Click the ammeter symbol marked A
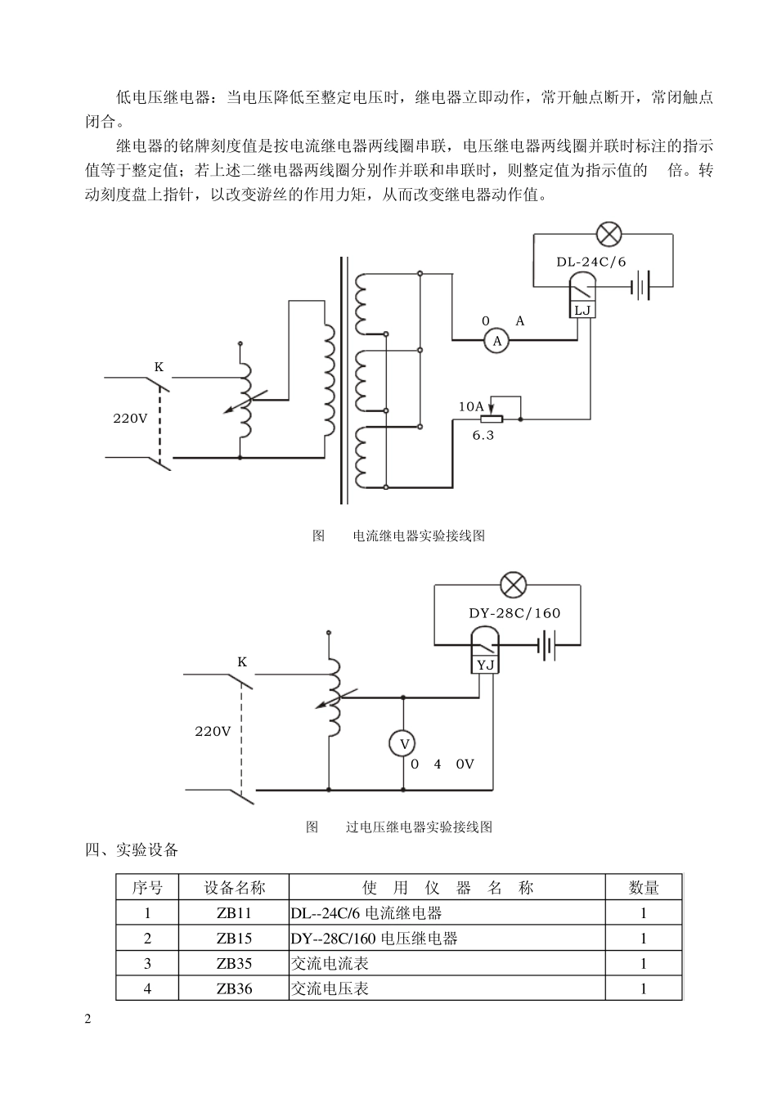pos(496,341)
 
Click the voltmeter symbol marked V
pos(402,743)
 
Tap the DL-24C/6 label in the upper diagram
pos(591,262)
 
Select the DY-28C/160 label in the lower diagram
pos(514,613)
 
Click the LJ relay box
pos(582,310)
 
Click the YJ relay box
pos(486,665)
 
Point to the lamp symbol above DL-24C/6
pos(609,235)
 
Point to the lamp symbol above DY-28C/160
pos(513,585)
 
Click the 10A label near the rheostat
pos(471,406)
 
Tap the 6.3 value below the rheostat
pos(483,435)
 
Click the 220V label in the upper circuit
pos(130,418)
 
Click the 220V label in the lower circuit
pos(213,731)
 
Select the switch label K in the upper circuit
pos(159,367)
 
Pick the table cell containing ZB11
pos(234,913)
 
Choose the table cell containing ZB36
pos(234,988)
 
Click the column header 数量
pos(644,887)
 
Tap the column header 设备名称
pos(234,887)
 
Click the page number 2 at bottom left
pos(88,1019)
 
